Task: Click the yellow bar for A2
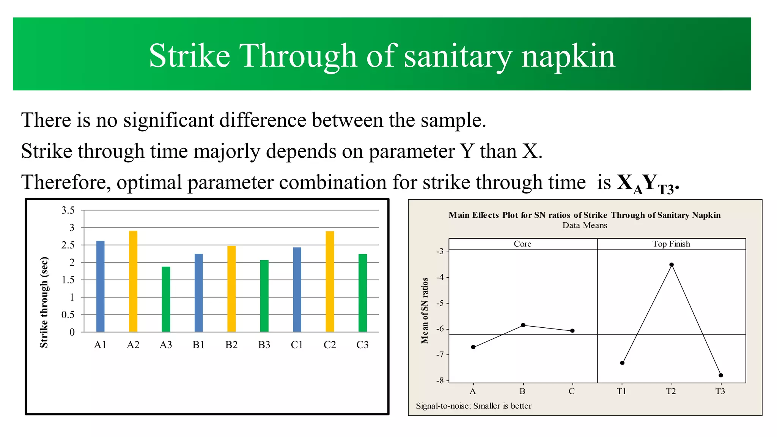(x=133, y=281)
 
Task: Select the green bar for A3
(x=166, y=299)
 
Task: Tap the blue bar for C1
(x=297, y=290)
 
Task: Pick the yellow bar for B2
(x=231, y=289)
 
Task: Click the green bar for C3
(x=363, y=293)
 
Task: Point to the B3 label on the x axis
(x=264, y=345)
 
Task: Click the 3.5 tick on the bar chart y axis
(x=68, y=210)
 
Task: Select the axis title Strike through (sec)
(x=44, y=302)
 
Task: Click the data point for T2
(x=672, y=265)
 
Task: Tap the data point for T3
(x=721, y=375)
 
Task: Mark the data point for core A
(x=473, y=347)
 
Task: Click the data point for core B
(x=523, y=325)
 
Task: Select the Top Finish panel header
(x=671, y=244)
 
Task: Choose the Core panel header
(x=522, y=244)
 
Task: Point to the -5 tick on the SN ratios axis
(x=440, y=303)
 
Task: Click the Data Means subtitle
(x=585, y=225)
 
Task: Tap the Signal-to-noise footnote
(x=473, y=406)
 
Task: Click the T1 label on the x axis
(x=621, y=391)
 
